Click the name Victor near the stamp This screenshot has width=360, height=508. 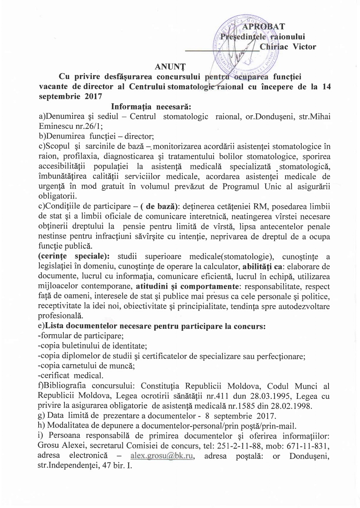[305, 47]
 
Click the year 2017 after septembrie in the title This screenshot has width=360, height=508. [93, 97]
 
